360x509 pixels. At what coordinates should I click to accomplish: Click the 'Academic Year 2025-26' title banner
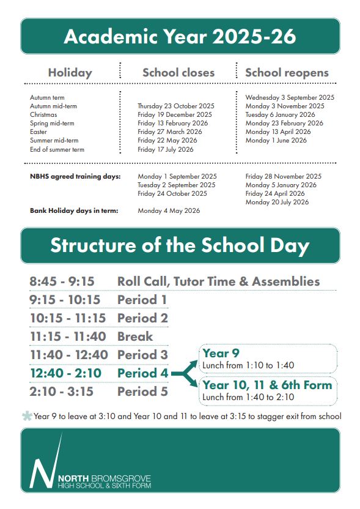pyautogui.click(x=180, y=36)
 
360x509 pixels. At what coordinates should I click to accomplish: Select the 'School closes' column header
pyautogui.click(x=178, y=72)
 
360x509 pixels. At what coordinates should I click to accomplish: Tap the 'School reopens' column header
pyautogui.click(x=287, y=72)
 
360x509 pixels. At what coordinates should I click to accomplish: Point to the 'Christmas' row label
pyautogui.click(x=43, y=114)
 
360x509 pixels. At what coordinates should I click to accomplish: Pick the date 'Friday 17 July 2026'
pyautogui.click(x=166, y=149)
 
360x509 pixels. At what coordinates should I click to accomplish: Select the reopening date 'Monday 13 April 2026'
pyautogui.click(x=278, y=132)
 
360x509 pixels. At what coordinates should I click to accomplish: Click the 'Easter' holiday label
pyautogui.click(x=39, y=132)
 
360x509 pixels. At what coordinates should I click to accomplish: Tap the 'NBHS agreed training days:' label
pyautogui.click(x=75, y=176)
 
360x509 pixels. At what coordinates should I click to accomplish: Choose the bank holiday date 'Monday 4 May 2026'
pyautogui.click(x=169, y=210)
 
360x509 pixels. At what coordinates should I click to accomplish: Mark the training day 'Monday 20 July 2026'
pyautogui.click(x=277, y=202)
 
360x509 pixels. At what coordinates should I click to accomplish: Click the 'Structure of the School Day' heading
pyautogui.click(x=180, y=245)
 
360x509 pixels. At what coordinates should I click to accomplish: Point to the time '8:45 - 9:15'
pyautogui.click(x=62, y=281)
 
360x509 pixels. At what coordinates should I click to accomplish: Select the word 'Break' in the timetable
pyautogui.click(x=135, y=336)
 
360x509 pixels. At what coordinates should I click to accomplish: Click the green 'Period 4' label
pyautogui.click(x=142, y=373)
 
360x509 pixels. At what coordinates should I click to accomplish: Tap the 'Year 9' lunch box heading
pyautogui.click(x=216, y=353)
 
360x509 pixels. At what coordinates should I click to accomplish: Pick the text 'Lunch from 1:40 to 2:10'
pyautogui.click(x=248, y=397)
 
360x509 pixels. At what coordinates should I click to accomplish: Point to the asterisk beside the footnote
pyautogui.click(x=27, y=416)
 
